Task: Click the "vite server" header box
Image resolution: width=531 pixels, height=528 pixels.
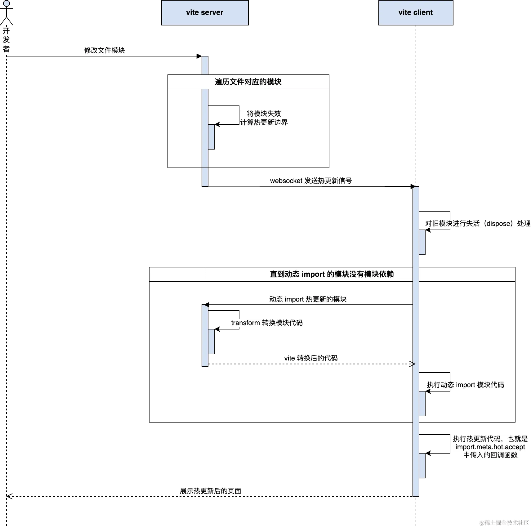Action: (205, 12)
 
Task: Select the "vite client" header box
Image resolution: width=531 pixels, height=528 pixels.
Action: (415, 12)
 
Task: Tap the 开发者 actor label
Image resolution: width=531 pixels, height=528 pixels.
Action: (6, 40)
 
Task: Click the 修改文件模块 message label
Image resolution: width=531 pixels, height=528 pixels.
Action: (105, 50)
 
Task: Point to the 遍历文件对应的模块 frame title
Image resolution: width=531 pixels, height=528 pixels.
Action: (248, 82)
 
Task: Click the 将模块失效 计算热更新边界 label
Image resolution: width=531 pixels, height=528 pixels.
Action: (264, 118)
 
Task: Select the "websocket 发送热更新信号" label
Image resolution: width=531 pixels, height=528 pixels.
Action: (310, 181)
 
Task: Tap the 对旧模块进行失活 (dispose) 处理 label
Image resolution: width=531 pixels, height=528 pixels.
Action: (477, 224)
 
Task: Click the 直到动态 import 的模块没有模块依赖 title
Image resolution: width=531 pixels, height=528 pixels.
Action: (332, 274)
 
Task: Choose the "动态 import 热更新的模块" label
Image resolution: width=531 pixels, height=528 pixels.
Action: (308, 299)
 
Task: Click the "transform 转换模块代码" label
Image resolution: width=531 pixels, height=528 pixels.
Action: (267, 323)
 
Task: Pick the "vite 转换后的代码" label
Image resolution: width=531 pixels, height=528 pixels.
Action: (311, 358)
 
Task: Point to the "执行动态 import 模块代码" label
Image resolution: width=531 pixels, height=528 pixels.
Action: (466, 385)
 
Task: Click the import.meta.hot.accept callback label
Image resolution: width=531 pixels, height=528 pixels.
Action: (490, 447)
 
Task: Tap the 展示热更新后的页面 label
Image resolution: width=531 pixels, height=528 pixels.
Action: (211, 491)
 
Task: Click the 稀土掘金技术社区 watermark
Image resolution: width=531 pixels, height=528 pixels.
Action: (504, 522)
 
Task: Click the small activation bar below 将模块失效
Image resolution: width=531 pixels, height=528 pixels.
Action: (211, 137)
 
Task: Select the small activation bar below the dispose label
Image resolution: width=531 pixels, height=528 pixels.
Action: (422, 242)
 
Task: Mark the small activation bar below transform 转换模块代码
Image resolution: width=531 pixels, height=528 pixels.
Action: (211, 341)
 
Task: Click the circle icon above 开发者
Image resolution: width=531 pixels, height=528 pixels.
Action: (6, 4)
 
